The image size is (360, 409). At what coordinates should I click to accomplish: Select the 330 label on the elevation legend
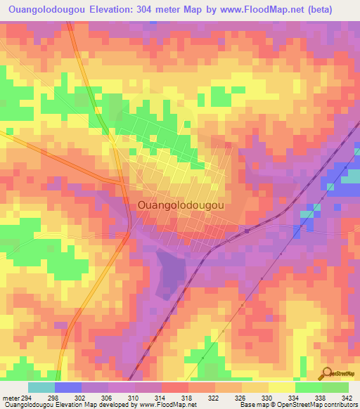264,397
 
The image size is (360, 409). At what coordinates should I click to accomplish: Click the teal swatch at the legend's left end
41,387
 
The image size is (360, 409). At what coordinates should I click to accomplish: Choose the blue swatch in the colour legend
68,387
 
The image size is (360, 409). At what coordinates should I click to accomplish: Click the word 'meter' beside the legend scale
11,397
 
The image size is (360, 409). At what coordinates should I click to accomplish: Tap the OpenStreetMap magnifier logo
326,373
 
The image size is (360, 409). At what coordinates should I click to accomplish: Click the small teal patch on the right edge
349,179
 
